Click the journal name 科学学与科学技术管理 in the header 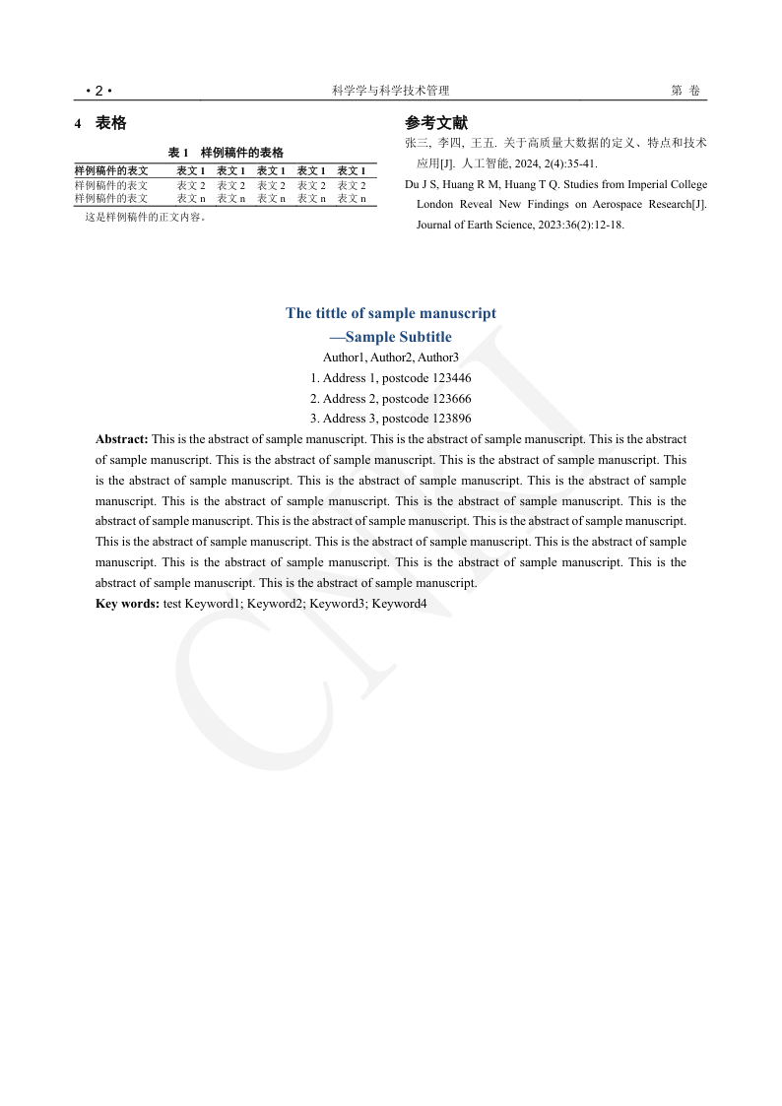[x=391, y=91]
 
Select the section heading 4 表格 [x=101, y=124]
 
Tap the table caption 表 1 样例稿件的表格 [x=226, y=153]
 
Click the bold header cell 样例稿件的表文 [x=111, y=171]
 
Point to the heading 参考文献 [x=436, y=123]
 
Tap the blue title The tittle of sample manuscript [x=391, y=313]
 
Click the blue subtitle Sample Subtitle [x=398, y=337]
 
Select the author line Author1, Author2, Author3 [x=391, y=358]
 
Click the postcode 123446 [x=452, y=378]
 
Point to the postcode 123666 [x=452, y=399]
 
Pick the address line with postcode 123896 [x=391, y=419]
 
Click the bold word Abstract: [x=122, y=439]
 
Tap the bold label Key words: [x=127, y=603]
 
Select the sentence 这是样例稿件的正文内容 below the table [x=145, y=218]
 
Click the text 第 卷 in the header [x=685, y=91]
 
